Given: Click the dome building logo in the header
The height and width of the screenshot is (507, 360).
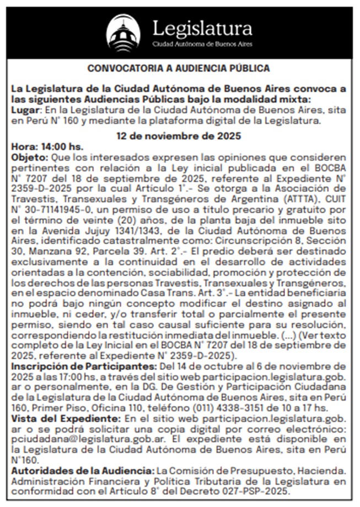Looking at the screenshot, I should click(x=122, y=33).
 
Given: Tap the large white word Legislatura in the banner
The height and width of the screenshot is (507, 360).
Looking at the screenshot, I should click(x=202, y=28).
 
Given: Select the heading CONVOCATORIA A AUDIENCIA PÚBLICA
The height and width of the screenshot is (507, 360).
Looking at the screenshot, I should click(x=180, y=69).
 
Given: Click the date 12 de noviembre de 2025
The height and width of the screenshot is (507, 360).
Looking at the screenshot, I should click(x=180, y=136).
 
